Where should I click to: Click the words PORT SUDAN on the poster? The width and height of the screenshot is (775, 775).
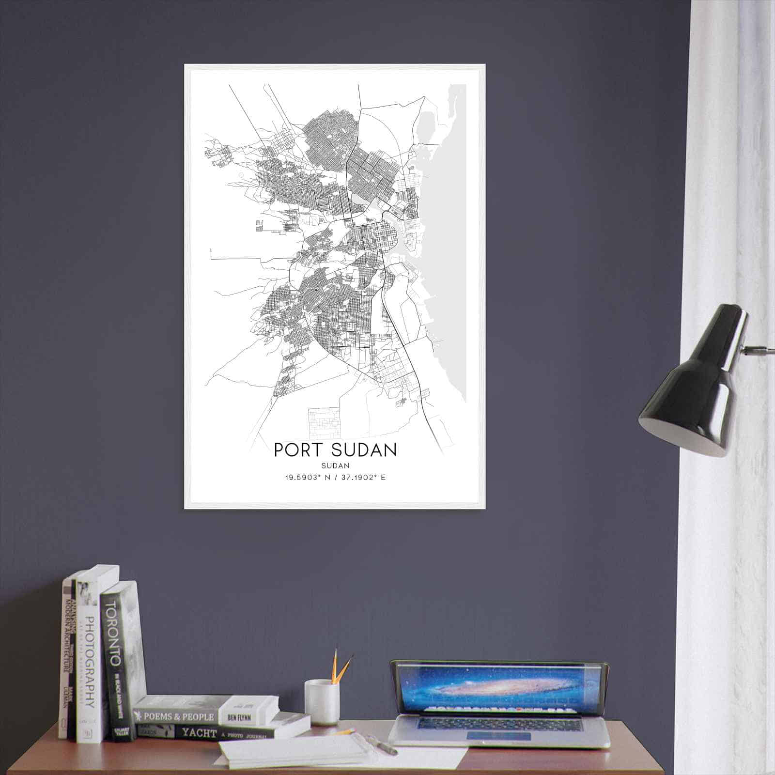click(335, 449)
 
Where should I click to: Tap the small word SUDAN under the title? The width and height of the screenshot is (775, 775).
click(335, 465)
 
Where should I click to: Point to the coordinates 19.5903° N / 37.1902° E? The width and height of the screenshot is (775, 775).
click(335, 478)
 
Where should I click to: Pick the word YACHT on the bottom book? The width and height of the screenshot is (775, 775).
click(199, 733)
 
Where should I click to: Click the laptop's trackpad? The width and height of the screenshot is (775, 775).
click(499, 736)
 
